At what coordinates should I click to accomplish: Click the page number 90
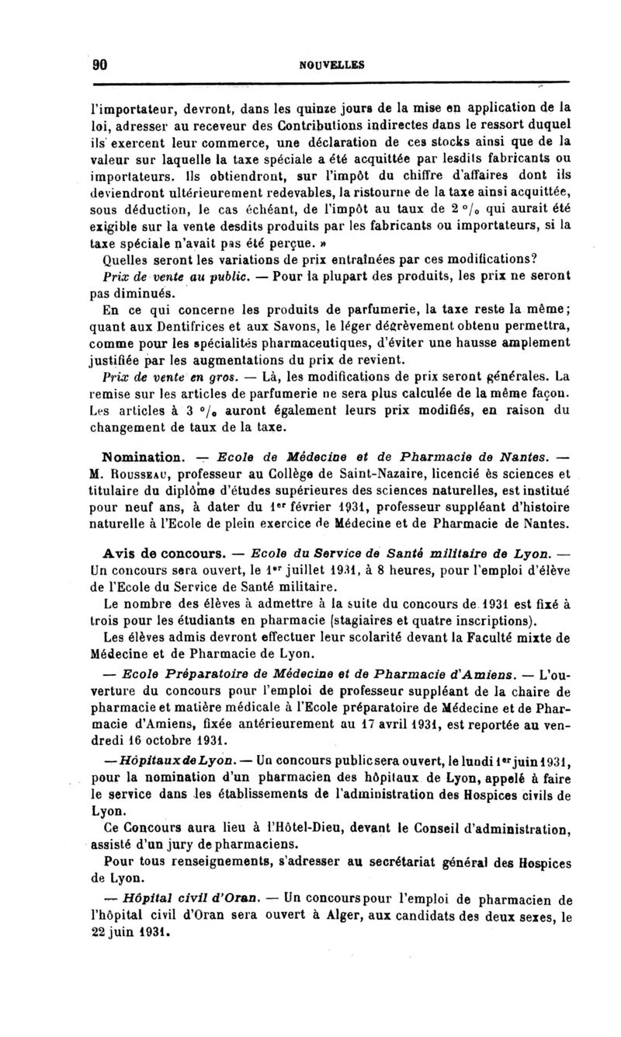pos(99,66)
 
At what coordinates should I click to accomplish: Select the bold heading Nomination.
pos(143,456)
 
